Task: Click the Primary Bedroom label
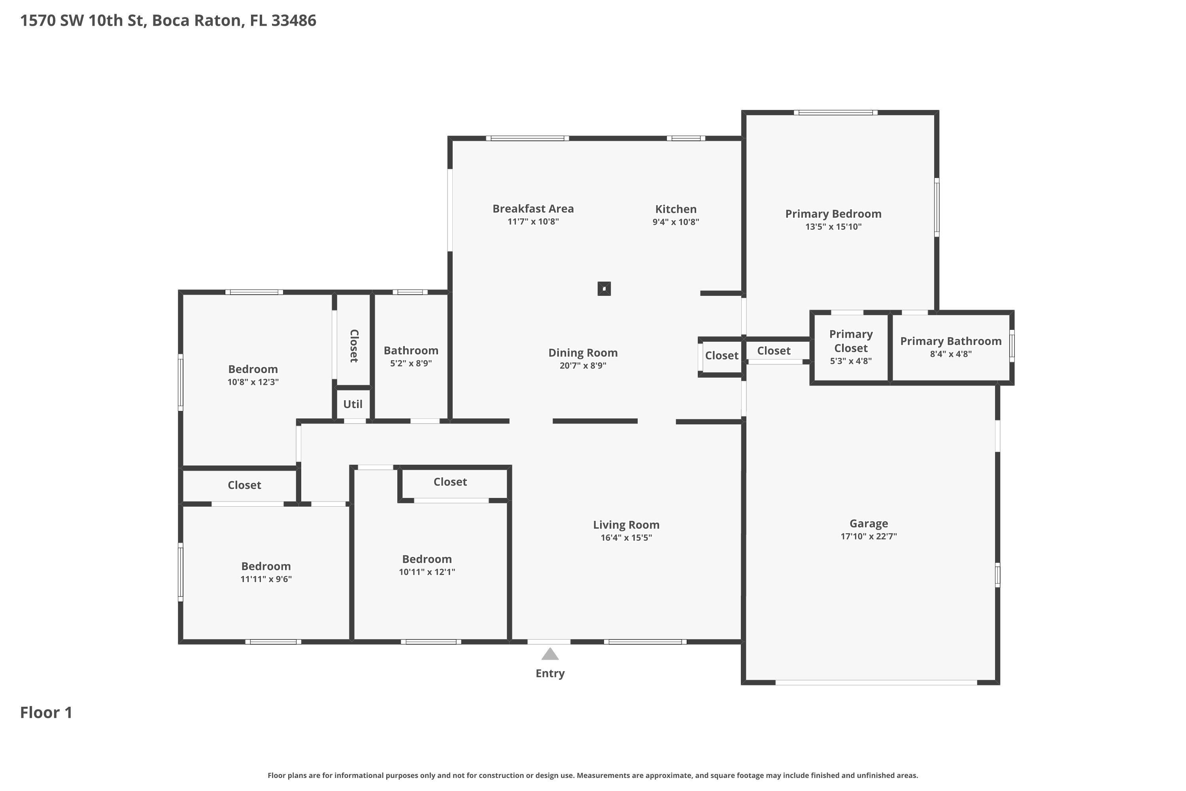(833, 214)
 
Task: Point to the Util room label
(353, 404)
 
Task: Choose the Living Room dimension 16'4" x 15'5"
(626, 538)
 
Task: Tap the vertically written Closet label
(354, 346)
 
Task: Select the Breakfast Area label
(533, 208)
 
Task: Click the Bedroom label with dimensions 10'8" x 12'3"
(253, 369)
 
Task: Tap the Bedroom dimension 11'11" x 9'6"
(266, 579)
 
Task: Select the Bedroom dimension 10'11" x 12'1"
(427, 572)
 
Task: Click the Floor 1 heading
(46, 712)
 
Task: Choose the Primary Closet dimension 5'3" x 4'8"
(851, 361)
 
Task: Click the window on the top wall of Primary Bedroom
(836, 112)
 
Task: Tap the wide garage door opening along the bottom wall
(876, 683)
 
